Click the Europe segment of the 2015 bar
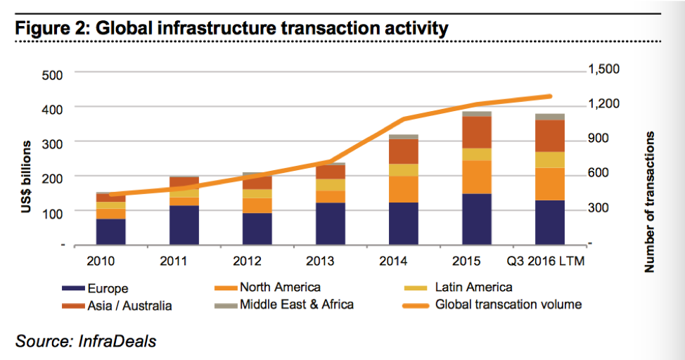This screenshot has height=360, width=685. pos(477,219)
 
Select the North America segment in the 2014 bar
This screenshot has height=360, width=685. pos(403,189)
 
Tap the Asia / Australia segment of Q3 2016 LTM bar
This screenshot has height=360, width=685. pos(549,136)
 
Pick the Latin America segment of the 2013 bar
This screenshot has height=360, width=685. pos(331,185)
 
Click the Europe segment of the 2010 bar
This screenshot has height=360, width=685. pos(110,231)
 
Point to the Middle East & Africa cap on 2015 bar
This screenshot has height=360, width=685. pos(477,114)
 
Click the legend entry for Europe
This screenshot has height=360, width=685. pos(95,288)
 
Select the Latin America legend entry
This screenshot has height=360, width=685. pos(459,288)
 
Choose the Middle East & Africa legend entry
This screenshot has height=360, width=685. pos(284,304)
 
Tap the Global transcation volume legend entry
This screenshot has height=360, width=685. pos(492,304)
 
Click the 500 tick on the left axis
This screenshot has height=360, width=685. pos(53,75)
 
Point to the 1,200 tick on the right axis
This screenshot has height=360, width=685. pos(603,103)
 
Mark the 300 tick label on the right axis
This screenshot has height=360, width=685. pos(598,207)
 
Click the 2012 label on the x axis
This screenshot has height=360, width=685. pos(247,262)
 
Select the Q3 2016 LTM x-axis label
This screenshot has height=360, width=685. pos(545,262)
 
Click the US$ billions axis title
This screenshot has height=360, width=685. pos(26,176)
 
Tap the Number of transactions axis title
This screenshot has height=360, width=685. pos(650,202)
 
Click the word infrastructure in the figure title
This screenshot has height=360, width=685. pos(216,28)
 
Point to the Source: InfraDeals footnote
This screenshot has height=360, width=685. pos(86,341)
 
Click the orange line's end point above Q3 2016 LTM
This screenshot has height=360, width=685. pos(550,96)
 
